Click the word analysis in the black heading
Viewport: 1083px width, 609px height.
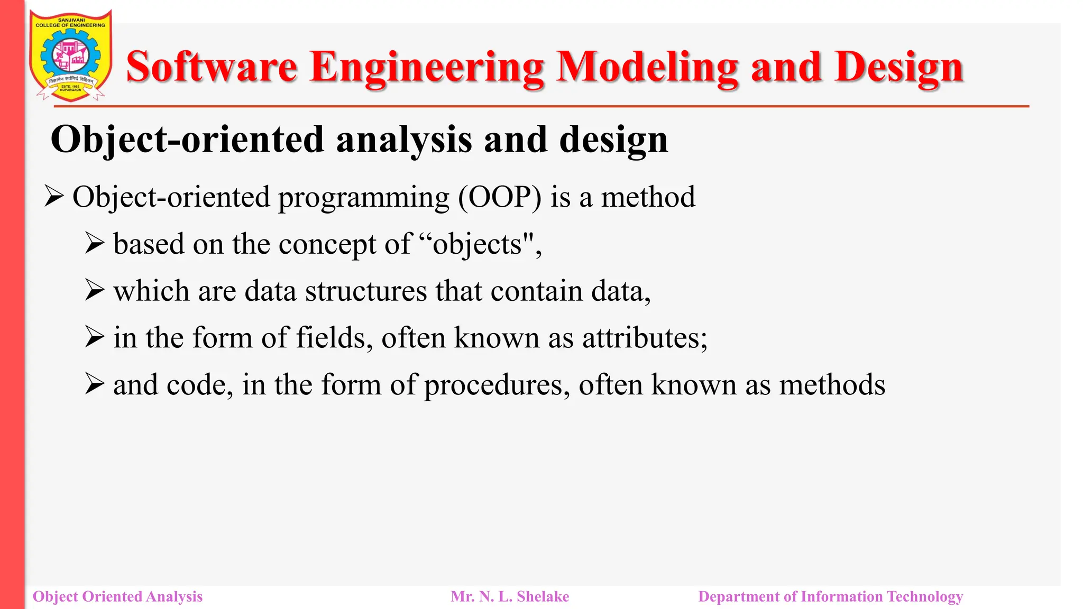coord(404,140)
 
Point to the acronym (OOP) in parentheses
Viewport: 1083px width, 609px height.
coord(500,197)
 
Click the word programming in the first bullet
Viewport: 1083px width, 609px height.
coord(364,197)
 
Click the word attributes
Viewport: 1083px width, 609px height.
coord(645,338)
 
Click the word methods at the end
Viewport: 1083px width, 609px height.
coord(832,385)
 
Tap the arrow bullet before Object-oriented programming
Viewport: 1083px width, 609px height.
coord(54,197)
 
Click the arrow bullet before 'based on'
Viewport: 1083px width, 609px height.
coord(95,244)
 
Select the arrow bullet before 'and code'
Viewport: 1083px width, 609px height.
coord(95,384)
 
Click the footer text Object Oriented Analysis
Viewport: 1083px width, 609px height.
coord(117,597)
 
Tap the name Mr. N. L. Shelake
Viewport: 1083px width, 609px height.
coord(510,597)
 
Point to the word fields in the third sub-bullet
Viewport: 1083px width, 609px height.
coord(331,338)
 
